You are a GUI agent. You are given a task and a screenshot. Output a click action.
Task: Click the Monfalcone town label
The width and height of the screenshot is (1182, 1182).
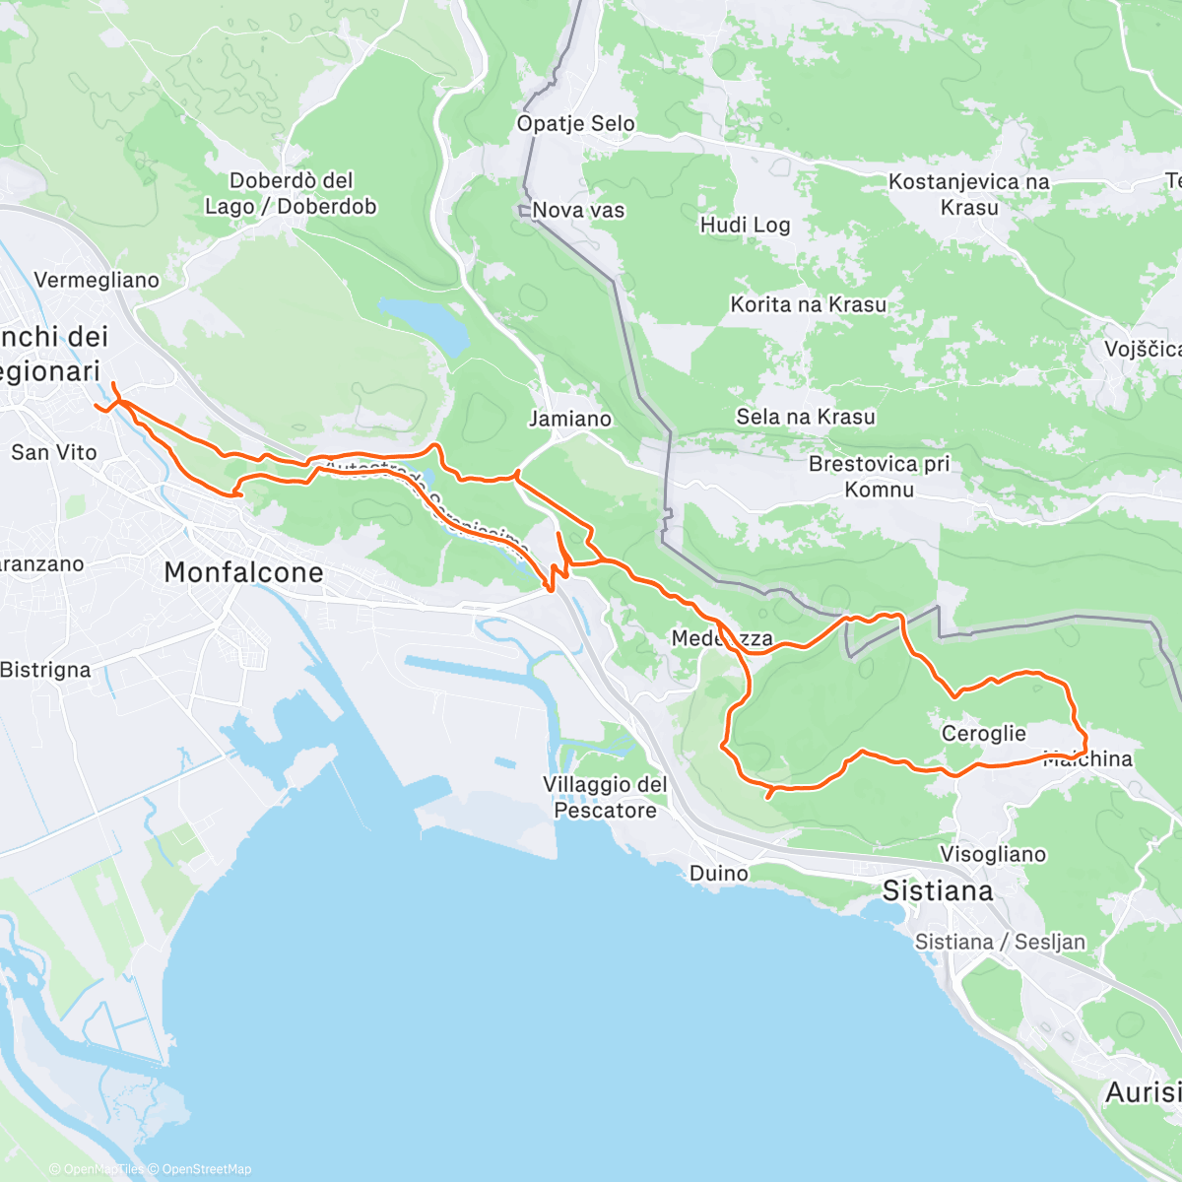(243, 572)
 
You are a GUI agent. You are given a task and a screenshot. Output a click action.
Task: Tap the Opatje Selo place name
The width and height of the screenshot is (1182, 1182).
(576, 124)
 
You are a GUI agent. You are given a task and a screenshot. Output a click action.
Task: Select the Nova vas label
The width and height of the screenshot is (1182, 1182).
(578, 210)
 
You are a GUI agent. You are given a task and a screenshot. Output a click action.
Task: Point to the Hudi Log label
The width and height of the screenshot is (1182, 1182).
(745, 225)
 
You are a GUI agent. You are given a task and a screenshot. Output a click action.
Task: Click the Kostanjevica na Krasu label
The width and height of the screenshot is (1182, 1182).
(968, 194)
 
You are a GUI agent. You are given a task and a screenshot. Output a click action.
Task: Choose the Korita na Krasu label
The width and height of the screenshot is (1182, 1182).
(808, 304)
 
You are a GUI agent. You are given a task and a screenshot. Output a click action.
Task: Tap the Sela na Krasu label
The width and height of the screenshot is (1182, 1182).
(805, 417)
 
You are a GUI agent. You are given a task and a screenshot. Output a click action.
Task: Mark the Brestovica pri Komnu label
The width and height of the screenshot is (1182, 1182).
(879, 476)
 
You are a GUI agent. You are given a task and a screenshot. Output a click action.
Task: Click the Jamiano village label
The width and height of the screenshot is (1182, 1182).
(569, 419)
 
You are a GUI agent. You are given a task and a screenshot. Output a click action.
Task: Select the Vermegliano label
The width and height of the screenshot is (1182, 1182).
(97, 280)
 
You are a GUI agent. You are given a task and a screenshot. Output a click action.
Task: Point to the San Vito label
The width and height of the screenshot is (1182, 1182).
(54, 452)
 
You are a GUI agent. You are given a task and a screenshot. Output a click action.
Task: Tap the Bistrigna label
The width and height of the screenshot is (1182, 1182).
(45, 670)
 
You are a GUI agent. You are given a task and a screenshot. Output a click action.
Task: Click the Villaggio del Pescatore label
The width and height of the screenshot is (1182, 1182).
(605, 797)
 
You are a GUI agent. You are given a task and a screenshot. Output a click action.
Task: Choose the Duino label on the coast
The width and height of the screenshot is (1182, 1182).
(718, 873)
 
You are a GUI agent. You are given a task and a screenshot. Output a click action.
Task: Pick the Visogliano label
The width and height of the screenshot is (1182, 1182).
(993, 854)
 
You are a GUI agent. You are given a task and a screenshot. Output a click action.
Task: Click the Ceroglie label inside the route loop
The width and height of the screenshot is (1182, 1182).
(983, 733)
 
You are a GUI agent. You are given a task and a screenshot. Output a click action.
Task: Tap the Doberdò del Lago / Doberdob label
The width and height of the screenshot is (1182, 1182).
(291, 193)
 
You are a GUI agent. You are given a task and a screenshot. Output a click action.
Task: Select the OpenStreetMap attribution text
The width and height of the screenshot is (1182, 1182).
(207, 1169)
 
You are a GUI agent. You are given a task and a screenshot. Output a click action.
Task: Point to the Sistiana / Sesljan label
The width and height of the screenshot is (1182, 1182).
(1000, 942)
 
